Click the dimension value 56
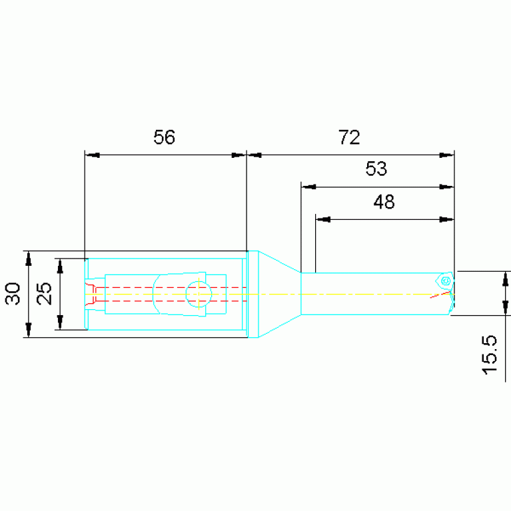pyautogui.click(x=165, y=137)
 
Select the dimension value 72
pyautogui.click(x=349, y=137)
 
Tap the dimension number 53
pyautogui.click(x=376, y=169)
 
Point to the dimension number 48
pyautogui.click(x=384, y=202)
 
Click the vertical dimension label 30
pyautogui.click(x=13, y=294)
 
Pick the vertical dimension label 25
pyautogui.click(x=44, y=294)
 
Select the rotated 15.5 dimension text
pyautogui.click(x=490, y=355)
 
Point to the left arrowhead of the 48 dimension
pyautogui.click(x=323, y=219)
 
